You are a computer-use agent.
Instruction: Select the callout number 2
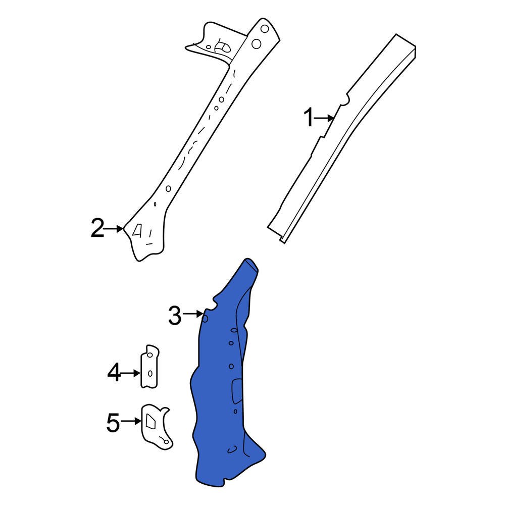click(97, 229)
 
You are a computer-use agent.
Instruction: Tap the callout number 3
click(174, 316)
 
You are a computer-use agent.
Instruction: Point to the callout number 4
click(114, 373)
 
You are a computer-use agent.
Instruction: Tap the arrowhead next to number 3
click(202, 315)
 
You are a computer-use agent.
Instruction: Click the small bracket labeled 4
click(149, 366)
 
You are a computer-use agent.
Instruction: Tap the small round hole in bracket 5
click(165, 441)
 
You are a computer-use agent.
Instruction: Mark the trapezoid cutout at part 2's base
click(137, 231)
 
